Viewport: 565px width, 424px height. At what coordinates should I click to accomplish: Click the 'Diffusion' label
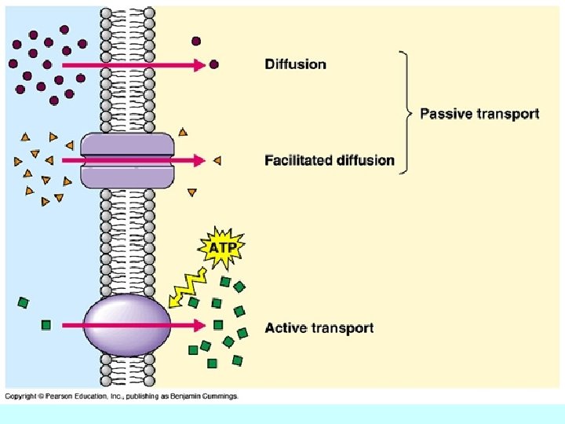[295, 64]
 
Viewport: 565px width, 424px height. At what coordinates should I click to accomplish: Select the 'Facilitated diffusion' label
[330, 160]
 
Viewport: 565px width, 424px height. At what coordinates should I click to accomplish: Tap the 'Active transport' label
[319, 327]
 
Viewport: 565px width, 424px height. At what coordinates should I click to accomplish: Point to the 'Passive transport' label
[479, 114]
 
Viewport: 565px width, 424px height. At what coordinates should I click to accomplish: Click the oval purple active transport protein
[126, 323]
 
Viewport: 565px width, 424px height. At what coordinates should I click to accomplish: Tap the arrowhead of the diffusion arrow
[199, 64]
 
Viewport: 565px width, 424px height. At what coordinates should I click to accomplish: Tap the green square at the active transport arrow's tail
[46, 324]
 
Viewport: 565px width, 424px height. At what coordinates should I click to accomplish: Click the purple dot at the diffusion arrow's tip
[213, 64]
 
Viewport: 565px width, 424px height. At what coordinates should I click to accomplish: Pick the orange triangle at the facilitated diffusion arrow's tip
[217, 160]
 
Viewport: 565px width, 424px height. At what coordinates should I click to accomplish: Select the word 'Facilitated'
[299, 160]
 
